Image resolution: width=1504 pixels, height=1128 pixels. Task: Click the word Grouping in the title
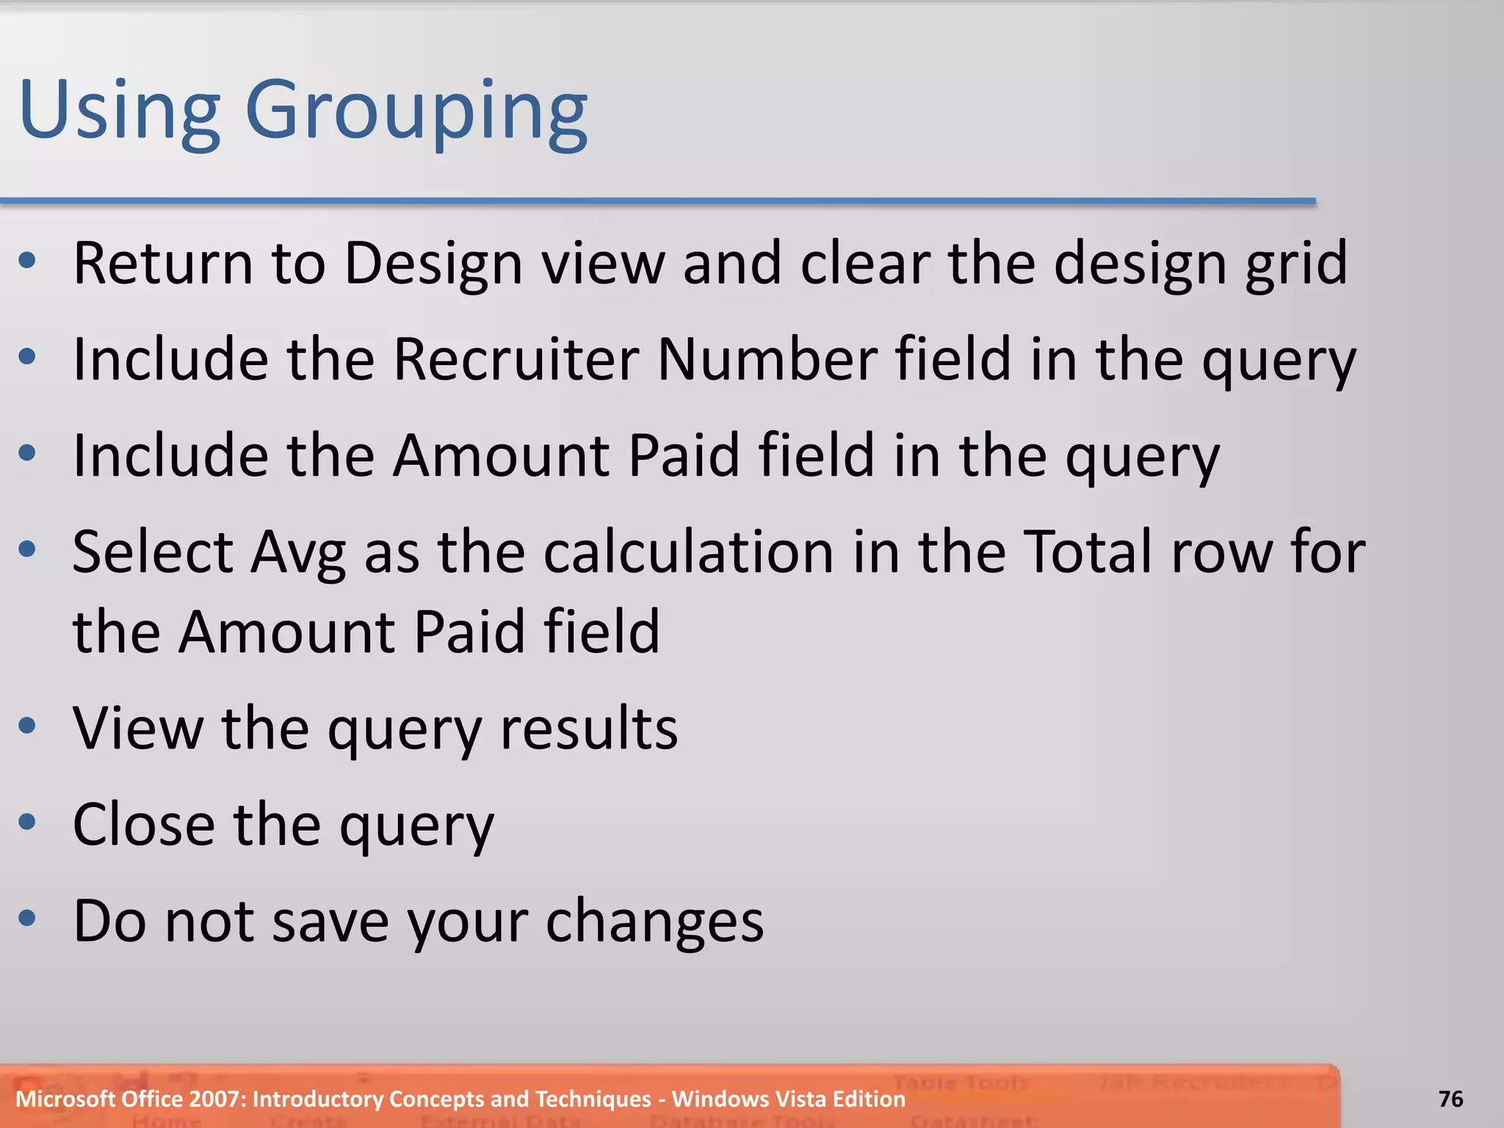[x=416, y=112]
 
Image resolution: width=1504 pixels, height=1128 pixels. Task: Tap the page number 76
[x=1450, y=1099]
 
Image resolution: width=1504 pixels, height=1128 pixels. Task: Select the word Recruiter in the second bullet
[x=516, y=359]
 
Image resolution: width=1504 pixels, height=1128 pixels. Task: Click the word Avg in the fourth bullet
[x=297, y=553]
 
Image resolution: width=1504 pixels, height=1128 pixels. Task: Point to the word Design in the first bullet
[x=433, y=264]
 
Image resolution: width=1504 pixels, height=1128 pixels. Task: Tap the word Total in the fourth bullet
[x=1088, y=552]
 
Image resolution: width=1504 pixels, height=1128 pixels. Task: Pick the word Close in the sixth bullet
[x=144, y=825]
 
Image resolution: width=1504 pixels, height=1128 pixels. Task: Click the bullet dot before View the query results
[x=28, y=726]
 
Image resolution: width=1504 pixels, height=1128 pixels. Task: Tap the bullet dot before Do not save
[x=28, y=918]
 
